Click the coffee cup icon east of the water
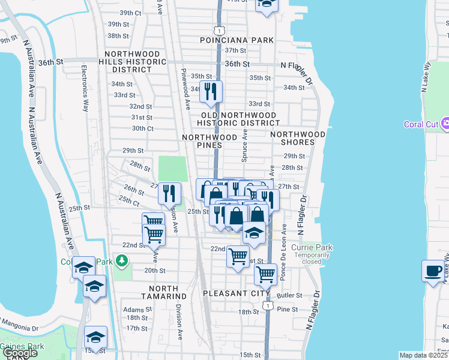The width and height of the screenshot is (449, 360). coord(432,271)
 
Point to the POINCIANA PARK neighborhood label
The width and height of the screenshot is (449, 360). coord(237,40)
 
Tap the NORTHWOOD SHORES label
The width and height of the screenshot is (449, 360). coord(298,138)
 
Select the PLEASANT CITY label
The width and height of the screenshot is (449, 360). coord(233,293)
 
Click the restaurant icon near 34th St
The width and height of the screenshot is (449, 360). coord(211,91)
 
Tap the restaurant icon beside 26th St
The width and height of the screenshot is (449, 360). coord(169,193)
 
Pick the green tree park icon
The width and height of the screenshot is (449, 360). coord(122,260)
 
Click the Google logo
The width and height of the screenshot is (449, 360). coord(20,353)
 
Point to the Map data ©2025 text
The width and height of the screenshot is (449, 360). coord(423,355)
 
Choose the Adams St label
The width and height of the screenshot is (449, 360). coord(134,310)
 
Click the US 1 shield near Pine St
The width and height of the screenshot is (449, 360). coord(268,305)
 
